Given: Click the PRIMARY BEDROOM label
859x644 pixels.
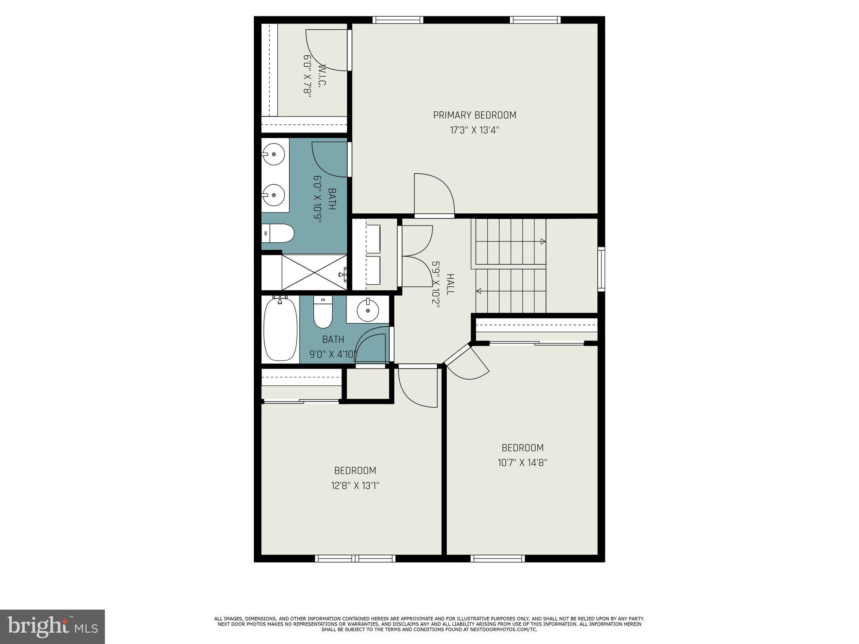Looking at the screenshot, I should click(474, 115).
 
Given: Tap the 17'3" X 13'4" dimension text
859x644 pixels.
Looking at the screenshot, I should click(474, 130).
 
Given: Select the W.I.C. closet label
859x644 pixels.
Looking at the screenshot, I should click(322, 76).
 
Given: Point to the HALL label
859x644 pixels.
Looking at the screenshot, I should click(450, 284).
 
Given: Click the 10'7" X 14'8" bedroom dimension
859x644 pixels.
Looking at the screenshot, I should click(523, 463).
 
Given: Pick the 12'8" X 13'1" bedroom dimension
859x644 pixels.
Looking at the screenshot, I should click(355, 486).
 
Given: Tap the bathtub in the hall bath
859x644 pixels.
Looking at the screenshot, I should click(280, 329).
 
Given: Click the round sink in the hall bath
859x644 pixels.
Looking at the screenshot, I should click(368, 311).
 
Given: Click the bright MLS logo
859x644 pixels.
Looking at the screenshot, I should click(52, 626).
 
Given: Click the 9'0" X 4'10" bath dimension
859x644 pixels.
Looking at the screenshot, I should click(333, 354).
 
